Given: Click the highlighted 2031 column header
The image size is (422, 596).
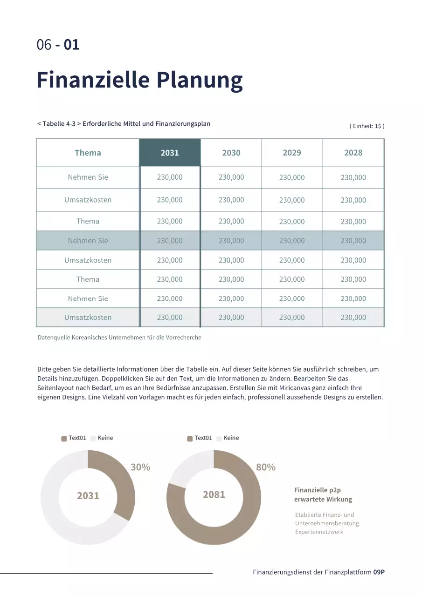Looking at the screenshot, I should point(170,153).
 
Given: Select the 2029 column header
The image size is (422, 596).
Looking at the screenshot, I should point(292,153).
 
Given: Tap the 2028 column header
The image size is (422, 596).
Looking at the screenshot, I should point(353,153).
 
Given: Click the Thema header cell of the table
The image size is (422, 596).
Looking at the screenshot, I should point(88,153).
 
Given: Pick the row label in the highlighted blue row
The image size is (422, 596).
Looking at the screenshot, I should point(88,241).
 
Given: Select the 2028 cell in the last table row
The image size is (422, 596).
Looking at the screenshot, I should point(353,318).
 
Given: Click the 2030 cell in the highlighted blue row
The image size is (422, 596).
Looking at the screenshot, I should point(231,241).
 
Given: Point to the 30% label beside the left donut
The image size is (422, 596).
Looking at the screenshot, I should point(140,467).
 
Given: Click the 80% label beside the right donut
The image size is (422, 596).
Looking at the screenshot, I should point(266,467).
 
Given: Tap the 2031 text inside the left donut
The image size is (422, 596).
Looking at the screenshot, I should point(88,495).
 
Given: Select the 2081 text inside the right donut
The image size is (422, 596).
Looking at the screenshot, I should point(214,494).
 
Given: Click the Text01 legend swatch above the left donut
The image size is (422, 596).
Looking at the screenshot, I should point(64,439).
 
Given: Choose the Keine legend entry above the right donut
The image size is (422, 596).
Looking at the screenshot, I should point(231,438).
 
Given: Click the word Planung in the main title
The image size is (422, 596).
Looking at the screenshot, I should point(199,80).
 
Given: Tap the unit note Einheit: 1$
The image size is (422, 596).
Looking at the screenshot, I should point(367,126).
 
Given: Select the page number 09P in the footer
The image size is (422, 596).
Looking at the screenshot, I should point(379,572).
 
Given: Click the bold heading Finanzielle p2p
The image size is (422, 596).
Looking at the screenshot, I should point(318,490).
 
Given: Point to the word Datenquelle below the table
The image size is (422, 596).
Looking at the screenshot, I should point(54,338).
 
